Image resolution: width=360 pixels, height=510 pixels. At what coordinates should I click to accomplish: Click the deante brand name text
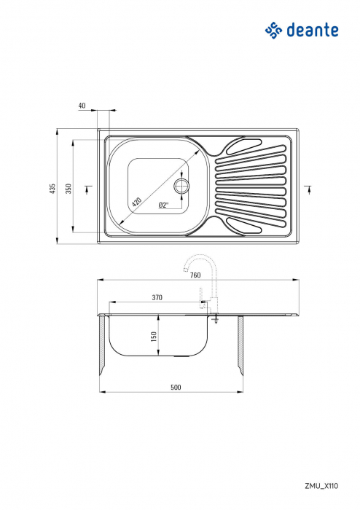click(x=313, y=30)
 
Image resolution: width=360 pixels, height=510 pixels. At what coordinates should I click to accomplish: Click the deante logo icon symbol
click(x=273, y=30)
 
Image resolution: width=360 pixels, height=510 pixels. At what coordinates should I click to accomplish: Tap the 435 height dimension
click(x=52, y=188)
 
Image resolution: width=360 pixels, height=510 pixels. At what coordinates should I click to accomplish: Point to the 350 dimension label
click(x=69, y=188)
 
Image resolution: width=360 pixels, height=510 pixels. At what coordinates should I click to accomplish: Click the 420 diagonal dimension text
click(x=138, y=200)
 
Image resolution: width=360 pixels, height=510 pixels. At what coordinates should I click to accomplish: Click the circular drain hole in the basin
click(x=181, y=185)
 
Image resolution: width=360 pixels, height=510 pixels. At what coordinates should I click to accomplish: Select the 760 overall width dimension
click(x=195, y=275)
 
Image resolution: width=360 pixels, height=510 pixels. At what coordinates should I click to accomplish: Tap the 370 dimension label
click(x=157, y=297)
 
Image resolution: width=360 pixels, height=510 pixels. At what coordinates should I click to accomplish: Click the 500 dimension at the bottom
click(x=175, y=387)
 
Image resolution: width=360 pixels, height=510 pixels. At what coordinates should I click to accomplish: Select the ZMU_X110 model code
click(x=321, y=484)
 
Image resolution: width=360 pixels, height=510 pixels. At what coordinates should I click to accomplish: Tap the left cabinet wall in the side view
click(x=103, y=346)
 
